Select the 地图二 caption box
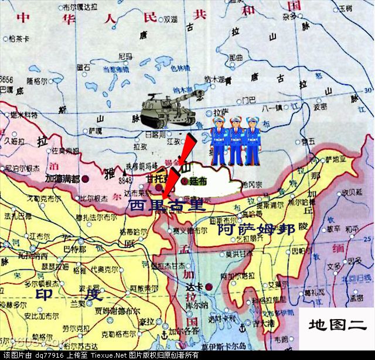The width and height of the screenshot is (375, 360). (x=337, y=324)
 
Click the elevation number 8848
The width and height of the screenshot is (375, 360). (x=125, y=181)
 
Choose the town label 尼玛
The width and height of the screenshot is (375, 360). (x=125, y=56)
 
